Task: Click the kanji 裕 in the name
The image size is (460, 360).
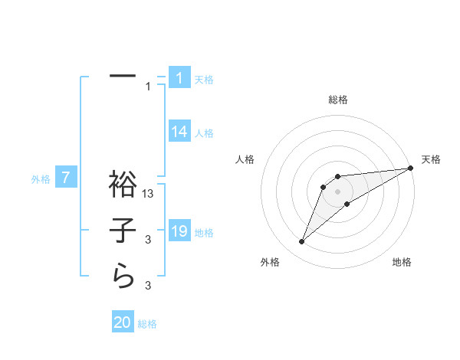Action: coord(123,186)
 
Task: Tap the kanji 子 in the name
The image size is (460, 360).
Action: coord(123,231)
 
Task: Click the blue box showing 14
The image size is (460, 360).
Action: coord(179,132)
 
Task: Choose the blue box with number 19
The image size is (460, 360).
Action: coord(179,231)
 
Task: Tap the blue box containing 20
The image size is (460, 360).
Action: coord(123,322)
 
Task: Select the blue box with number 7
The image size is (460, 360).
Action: coord(67,178)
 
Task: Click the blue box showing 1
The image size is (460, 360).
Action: coord(179,77)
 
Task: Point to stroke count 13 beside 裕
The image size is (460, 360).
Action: coord(149,195)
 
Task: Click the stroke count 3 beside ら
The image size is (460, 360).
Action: coord(149,286)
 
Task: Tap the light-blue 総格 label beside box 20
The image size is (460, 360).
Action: coord(147,324)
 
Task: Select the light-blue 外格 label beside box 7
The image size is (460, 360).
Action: coord(41,179)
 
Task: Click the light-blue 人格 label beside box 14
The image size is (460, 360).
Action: coord(204,133)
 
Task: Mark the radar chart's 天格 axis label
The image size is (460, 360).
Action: coord(431,159)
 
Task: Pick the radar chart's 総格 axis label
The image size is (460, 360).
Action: coord(337,100)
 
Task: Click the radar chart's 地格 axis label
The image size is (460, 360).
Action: coord(402,262)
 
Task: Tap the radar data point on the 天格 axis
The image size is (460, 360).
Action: coord(410,167)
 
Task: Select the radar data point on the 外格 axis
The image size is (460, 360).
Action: coord(301,242)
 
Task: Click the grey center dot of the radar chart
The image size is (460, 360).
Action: coord(337,191)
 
